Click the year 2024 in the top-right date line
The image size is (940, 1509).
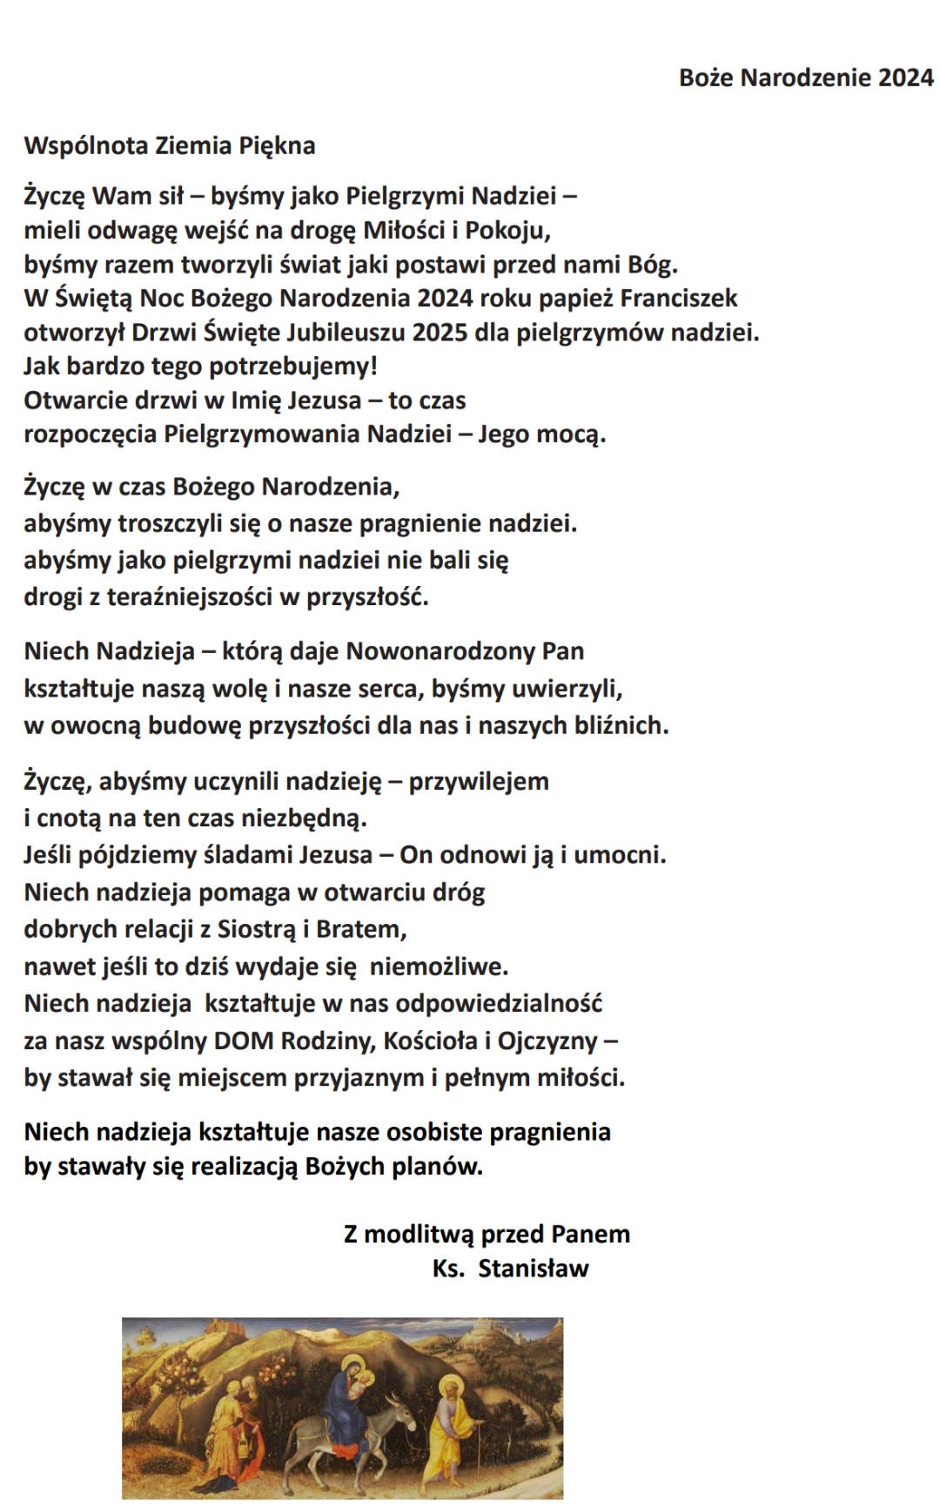[905, 77]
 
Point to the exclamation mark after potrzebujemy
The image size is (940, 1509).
[374, 365]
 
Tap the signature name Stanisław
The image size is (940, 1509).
[534, 1268]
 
